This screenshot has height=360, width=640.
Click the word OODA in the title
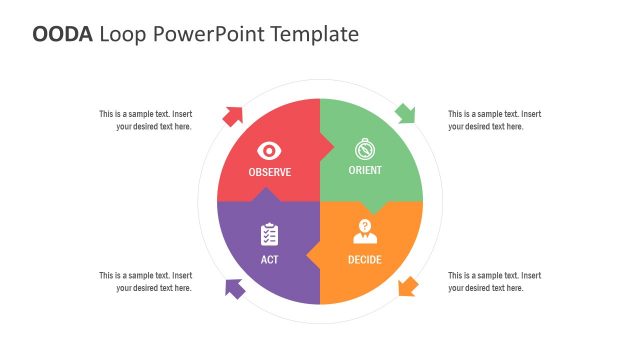coord(63,34)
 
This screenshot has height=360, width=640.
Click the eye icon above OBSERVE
coord(269,150)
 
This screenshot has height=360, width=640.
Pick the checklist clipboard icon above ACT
coord(269,235)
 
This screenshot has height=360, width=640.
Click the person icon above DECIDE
coord(365,233)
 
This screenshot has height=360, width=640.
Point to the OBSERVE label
coord(270,172)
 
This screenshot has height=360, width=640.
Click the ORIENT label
coord(365,171)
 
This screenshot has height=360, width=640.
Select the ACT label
coord(269,260)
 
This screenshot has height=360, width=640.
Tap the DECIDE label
coord(365,260)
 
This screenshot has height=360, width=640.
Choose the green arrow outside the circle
coord(405,113)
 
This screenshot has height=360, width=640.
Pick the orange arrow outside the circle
coord(406,288)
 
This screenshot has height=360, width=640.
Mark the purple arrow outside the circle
coord(234,288)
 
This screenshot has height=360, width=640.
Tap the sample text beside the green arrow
coord(494,120)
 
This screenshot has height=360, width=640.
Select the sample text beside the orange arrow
coord(494,281)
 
